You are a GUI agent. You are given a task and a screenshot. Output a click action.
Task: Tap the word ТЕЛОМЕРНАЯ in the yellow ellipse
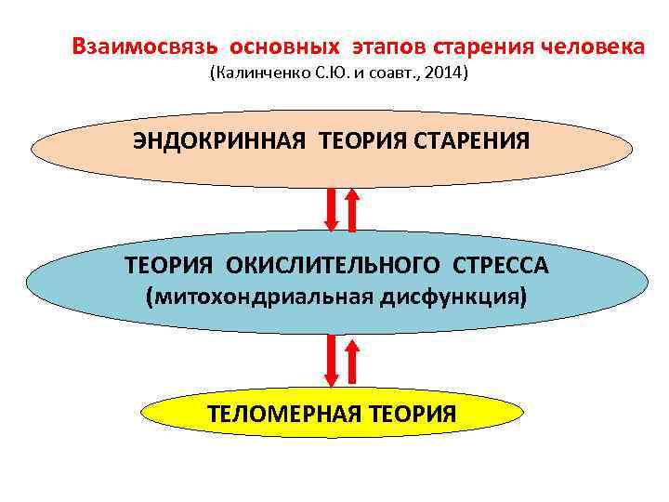277,412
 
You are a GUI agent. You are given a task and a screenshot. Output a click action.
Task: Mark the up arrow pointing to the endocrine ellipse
352,208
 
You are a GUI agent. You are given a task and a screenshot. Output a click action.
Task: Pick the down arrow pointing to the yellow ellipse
331,360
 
